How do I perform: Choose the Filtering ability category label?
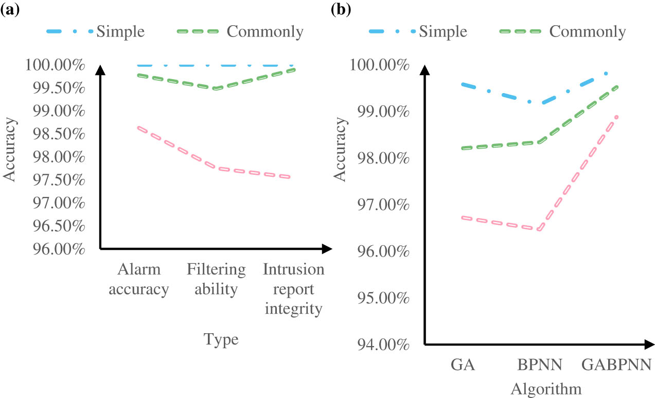click(216, 280)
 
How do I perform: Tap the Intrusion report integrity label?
click(293, 290)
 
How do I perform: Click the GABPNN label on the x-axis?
click(616, 366)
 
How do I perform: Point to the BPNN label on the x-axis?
click(539, 366)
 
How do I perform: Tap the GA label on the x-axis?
click(463, 366)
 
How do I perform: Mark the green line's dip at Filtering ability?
click(217, 88)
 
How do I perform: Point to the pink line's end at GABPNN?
click(616, 117)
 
